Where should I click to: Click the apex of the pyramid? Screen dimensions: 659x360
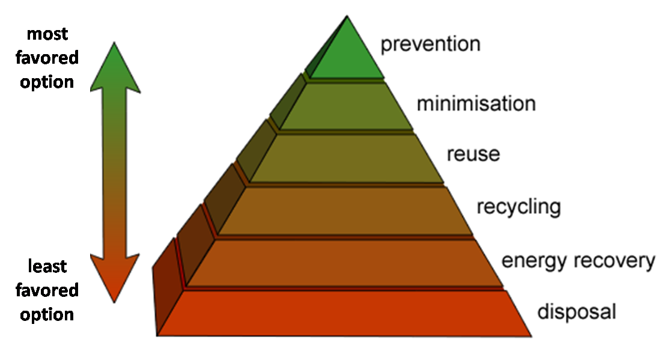pos(347,16)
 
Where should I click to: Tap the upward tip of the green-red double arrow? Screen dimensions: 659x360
pos(114,42)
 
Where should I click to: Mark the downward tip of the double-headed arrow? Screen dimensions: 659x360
pos(114,302)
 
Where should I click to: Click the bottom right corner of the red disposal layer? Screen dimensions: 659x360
pos(532,336)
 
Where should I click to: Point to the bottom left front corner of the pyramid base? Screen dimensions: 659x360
pos(157,335)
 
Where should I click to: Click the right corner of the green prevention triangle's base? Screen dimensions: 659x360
pos(384,78)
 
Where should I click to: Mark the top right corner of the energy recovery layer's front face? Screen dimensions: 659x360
pos(475,240)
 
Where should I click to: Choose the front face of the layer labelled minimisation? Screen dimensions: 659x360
pos(346,106)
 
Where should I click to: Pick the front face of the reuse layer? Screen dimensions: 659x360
pos(346,159)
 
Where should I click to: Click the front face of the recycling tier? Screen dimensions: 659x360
pos(345,211)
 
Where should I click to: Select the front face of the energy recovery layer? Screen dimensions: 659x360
pos(345,263)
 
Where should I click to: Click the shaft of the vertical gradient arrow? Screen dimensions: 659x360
pos(114,172)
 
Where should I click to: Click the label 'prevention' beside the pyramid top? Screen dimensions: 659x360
pos(430,44)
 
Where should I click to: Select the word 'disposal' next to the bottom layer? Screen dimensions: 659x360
pos(577,312)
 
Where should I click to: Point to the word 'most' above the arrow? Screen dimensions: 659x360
pos(47,34)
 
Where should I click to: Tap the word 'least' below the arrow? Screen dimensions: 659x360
pos(47,266)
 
